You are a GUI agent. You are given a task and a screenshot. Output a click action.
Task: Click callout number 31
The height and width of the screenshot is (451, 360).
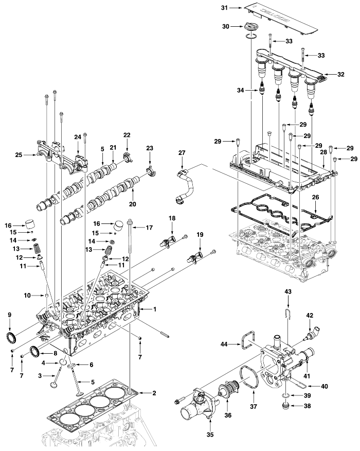224,8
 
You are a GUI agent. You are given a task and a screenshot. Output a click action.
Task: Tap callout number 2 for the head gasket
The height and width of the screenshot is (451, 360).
153,393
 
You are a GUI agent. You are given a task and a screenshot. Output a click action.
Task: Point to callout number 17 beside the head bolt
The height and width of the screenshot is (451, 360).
149,227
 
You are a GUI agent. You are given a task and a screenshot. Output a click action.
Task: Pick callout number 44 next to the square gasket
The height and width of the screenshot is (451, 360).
224,343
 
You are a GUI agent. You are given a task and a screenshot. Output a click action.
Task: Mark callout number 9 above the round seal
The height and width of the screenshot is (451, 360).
9,315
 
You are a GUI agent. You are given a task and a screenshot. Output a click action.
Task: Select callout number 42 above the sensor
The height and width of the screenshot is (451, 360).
310,315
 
